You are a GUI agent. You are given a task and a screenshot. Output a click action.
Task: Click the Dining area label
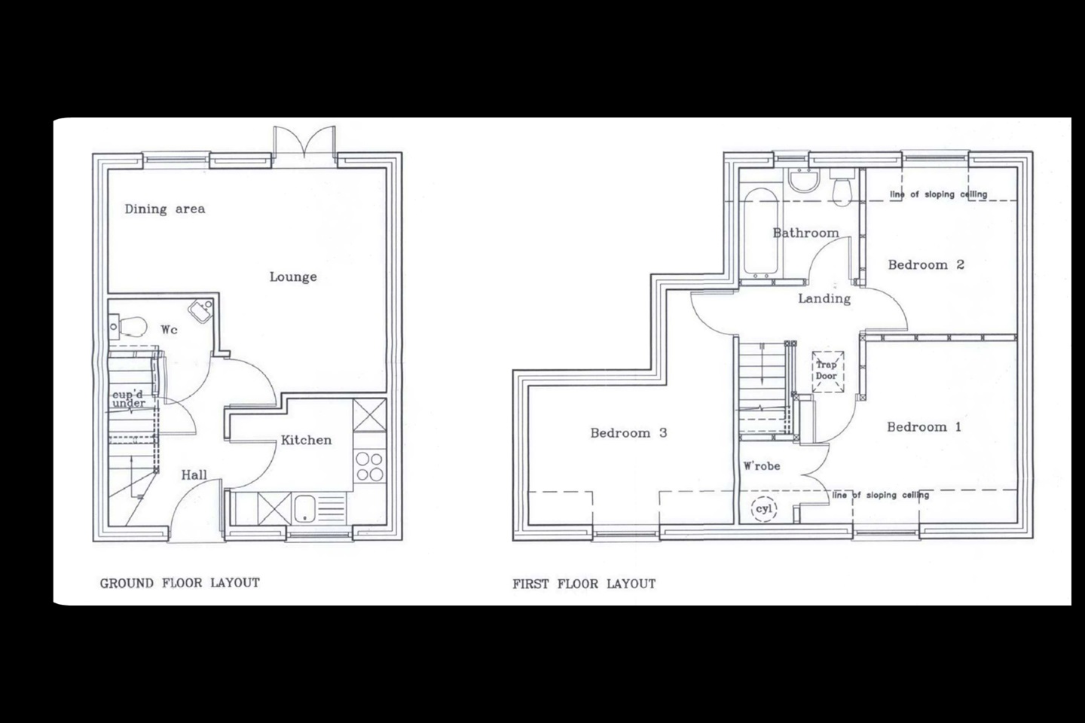coord(165,209)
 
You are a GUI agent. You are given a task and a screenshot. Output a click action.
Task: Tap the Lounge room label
coord(293,277)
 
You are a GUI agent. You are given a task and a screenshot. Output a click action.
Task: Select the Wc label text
coord(169,330)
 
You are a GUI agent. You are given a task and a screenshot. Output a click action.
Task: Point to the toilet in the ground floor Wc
coord(128,326)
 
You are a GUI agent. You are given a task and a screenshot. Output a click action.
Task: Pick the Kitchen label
coord(306,440)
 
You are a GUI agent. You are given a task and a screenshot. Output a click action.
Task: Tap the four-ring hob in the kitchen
coord(369,466)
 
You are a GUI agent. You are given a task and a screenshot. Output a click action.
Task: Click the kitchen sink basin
coord(304,508)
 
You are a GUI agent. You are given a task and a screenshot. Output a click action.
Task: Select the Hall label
coord(194,475)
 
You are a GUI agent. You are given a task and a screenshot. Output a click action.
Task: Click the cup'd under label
coord(129,399)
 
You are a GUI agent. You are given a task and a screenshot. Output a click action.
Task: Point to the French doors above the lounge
coord(304,142)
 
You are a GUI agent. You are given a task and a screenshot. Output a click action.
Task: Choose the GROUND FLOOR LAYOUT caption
coord(179,583)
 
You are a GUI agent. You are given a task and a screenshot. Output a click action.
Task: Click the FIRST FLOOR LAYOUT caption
coord(584,584)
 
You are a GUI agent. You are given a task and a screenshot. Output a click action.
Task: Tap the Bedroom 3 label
coord(628,433)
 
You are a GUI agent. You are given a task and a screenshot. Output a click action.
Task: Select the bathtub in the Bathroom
coord(761,232)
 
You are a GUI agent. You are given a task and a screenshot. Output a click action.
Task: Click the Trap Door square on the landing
coord(828,371)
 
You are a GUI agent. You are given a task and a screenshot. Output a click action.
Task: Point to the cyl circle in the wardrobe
coord(764,509)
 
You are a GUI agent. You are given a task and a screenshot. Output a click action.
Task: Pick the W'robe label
coord(762,466)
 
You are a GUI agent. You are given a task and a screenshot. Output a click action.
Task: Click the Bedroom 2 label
coord(926,265)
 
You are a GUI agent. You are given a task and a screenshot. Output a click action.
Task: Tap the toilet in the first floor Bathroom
coord(843,188)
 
